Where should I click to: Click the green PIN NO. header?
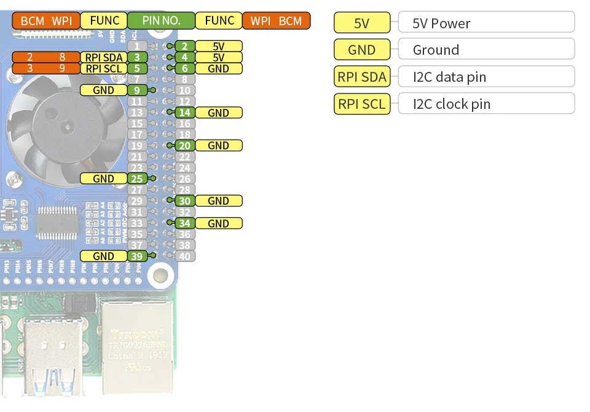tap(161, 20)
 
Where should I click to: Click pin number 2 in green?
tap(185, 46)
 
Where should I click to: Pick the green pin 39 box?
tap(138, 256)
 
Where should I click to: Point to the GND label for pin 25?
tap(104, 178)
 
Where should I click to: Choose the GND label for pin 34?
tap(218, 223)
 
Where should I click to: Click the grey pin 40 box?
tap(185, 256)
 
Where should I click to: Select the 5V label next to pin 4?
tap(218, 57)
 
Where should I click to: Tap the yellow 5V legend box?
tap(361, 23)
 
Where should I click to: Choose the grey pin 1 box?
tap(138, 46)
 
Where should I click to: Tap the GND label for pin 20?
tap(218, 146)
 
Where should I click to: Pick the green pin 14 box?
tap(185, 113)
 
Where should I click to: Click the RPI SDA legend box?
tap(361, 77)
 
